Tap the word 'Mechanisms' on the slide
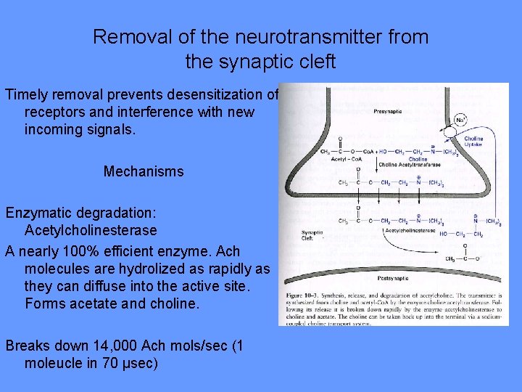[x=144, y=172]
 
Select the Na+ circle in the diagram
[x=460, y=120]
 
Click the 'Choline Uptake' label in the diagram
[x=473, y=142]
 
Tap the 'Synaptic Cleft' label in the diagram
[x=312, y=234]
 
